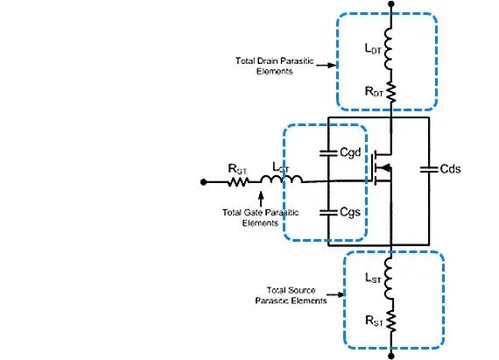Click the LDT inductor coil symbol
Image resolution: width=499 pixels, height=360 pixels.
pos(388,48)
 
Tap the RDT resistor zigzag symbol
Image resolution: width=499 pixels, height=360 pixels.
pos(391,93)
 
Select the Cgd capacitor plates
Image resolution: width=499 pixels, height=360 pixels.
pos(328,153)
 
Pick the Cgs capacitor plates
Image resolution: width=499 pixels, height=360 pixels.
pos(328,212)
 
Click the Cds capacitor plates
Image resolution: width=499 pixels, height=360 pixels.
pos(429,169)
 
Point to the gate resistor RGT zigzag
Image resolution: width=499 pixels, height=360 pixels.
pos(238,182)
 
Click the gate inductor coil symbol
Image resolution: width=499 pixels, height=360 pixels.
pos(281,180)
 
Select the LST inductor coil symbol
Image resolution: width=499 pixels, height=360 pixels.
pos(389,279)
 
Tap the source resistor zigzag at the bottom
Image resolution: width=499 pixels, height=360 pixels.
pos(391,321)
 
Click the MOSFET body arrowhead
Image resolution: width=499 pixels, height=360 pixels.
pos(385,167)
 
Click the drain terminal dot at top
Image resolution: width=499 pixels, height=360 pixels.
pos(391,4)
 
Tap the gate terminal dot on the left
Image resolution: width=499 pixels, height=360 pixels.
pos(204,182)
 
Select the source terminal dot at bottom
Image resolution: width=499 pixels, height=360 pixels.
pos(391,356)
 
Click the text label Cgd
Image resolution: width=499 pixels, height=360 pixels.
pos(350,152)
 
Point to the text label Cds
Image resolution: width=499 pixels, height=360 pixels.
pos(450,169)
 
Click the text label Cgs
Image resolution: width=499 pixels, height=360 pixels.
pos(350,212)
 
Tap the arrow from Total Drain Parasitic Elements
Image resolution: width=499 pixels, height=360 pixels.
pos(327,65)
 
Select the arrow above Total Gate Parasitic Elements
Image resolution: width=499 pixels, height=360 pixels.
pos(261,199)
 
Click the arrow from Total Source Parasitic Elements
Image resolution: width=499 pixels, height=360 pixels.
pos(335,295)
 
